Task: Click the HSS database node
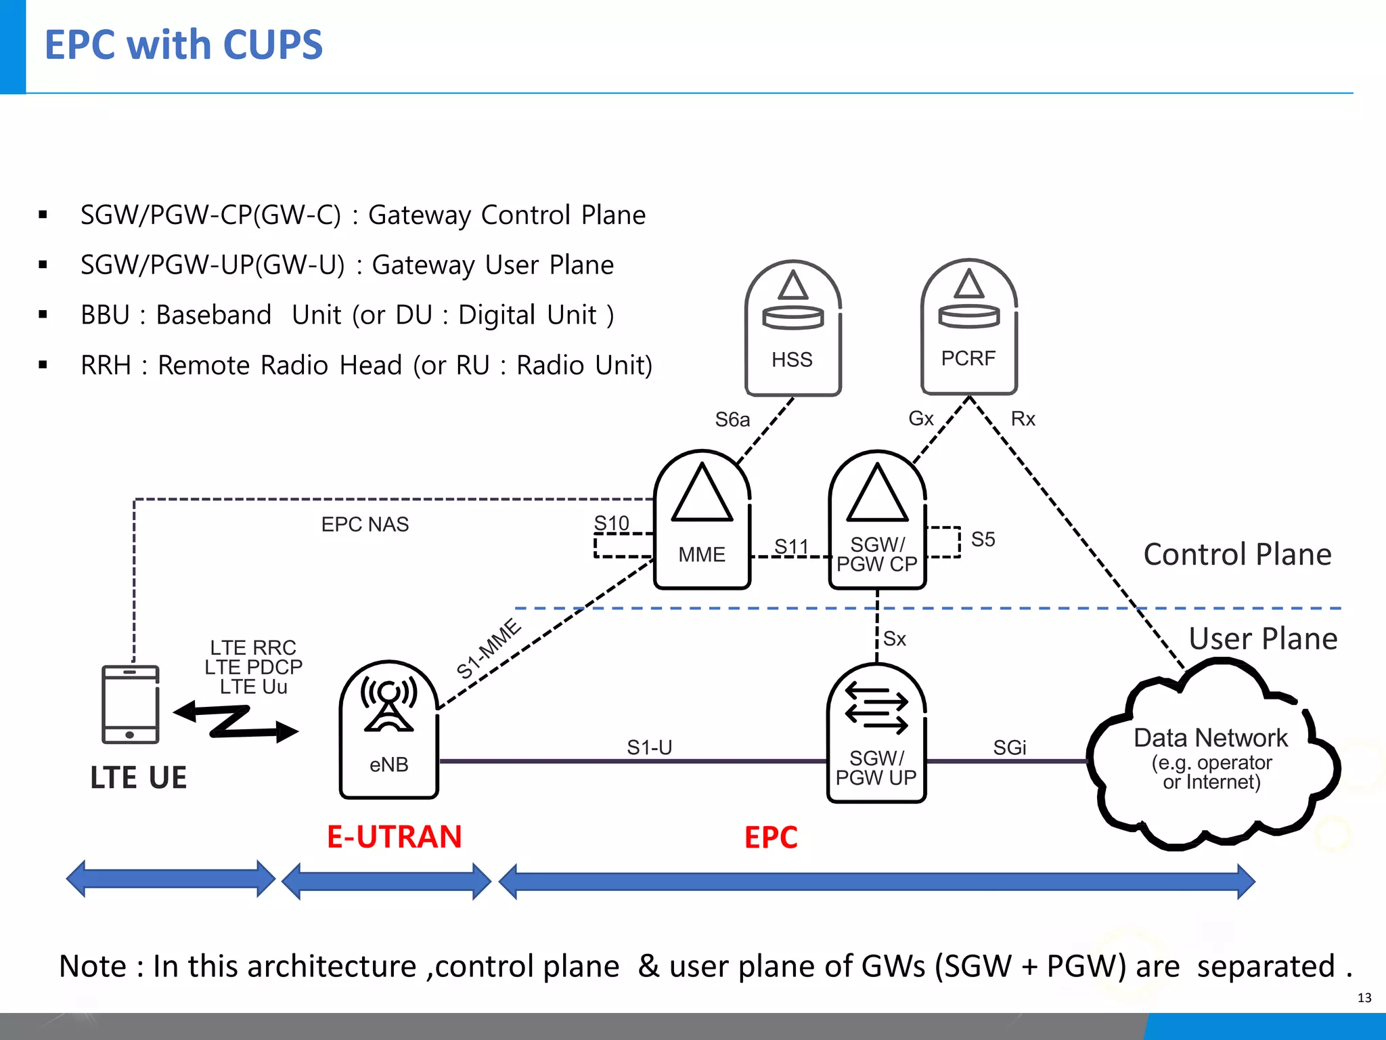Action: coord(792,328)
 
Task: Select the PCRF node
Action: coord(968,327)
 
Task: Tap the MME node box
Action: coord(702,520)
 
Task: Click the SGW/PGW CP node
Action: coord(877,520)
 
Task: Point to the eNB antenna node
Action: coord(389,730)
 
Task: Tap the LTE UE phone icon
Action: coord(131,704)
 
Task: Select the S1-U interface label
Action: coord(649,747)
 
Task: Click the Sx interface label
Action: coord(895,638)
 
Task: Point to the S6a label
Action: coord(732,420)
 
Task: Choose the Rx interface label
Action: coord(1023,419)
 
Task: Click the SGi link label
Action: coord(1009,747)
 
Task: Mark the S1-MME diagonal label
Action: coord(489,648)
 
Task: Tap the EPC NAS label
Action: coord(365,525)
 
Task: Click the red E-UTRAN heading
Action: coord(394,837)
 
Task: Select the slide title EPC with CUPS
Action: coord(183,45)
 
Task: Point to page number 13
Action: coord(1364,997)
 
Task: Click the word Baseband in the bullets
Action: coord(213,316)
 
